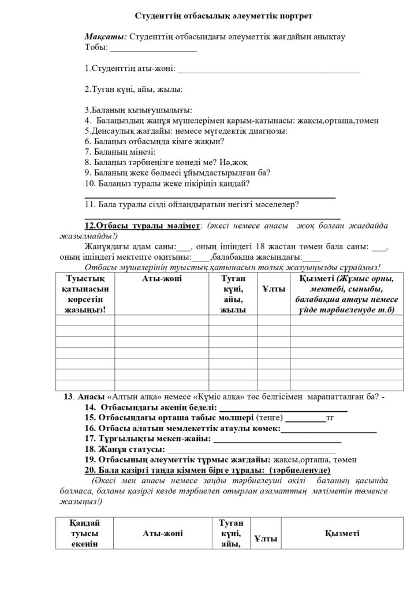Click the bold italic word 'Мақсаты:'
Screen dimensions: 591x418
[x=106, y=36]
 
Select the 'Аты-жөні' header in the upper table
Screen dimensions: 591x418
[x=162, y=279]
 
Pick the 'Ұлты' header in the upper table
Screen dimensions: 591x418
[x=273, y=290]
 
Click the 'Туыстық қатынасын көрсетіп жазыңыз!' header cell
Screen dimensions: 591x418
[x=85, y=294]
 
